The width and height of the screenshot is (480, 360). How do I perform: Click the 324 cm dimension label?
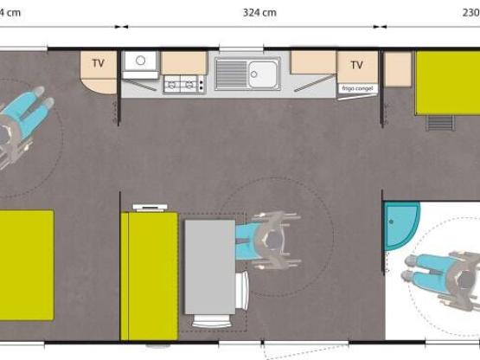[259, 12]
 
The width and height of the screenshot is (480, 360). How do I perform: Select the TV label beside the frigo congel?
[356, 64]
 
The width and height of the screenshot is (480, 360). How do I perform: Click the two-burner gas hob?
[183, 84]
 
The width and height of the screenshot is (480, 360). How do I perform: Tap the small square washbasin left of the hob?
[139, 62]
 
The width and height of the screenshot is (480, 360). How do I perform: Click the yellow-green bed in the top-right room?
[446, 83]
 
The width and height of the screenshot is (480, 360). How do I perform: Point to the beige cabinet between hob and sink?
[183, 62]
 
